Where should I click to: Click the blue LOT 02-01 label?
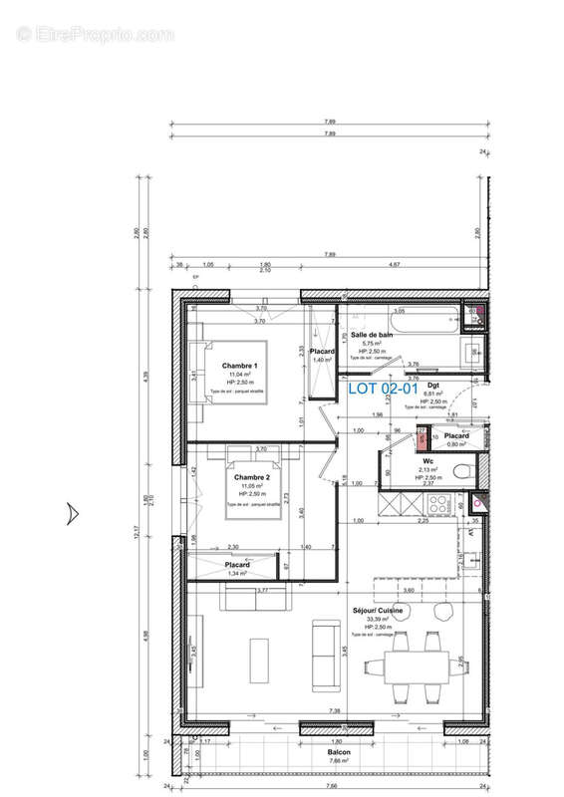pos(381,389)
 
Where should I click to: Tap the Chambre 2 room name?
pos(252,477)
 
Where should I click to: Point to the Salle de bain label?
pos(371,335)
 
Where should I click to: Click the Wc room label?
pos(425,461)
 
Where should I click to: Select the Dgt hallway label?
pos(433,385)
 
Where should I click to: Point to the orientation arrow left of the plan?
pos(71,513)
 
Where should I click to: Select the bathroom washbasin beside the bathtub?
pos(474,352)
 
